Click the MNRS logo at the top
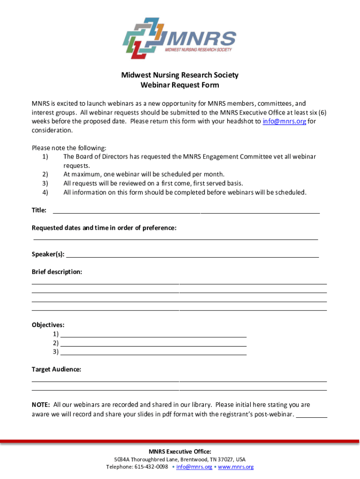coord(180,38)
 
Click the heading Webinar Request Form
coord(180,85)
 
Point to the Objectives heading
coord(48,325)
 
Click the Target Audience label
coord(56,370)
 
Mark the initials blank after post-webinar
coord(312,415)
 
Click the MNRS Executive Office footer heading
coord(180,451)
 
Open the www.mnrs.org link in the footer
coord(236,467)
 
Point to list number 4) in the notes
coord(45,192)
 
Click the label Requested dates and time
coord(104,228)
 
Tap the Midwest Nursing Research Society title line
coord(180,75)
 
